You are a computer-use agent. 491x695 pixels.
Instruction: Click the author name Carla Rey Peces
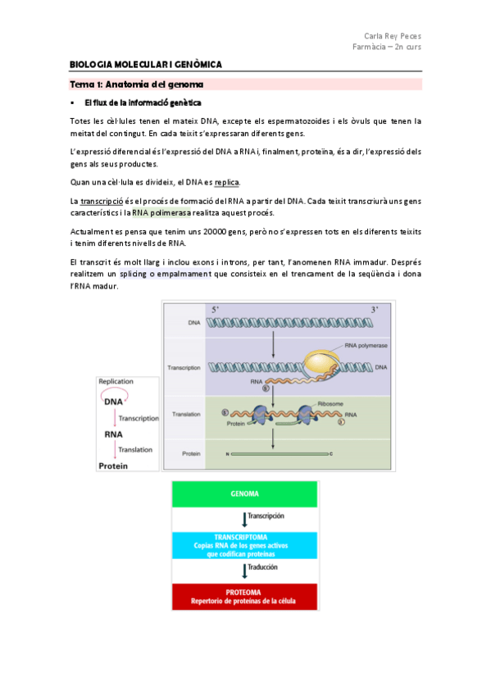pos(393,36)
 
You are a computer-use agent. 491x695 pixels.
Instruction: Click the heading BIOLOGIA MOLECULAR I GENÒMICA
pos(145,65)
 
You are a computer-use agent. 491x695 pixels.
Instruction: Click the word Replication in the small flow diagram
pos(116,382)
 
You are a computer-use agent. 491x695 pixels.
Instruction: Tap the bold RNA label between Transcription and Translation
pos(112,434)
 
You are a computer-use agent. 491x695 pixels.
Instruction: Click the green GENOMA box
pos(245,495)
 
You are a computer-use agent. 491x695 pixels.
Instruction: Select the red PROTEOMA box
pos(245,596)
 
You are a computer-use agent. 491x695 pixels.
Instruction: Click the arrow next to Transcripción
pos(243,520)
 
